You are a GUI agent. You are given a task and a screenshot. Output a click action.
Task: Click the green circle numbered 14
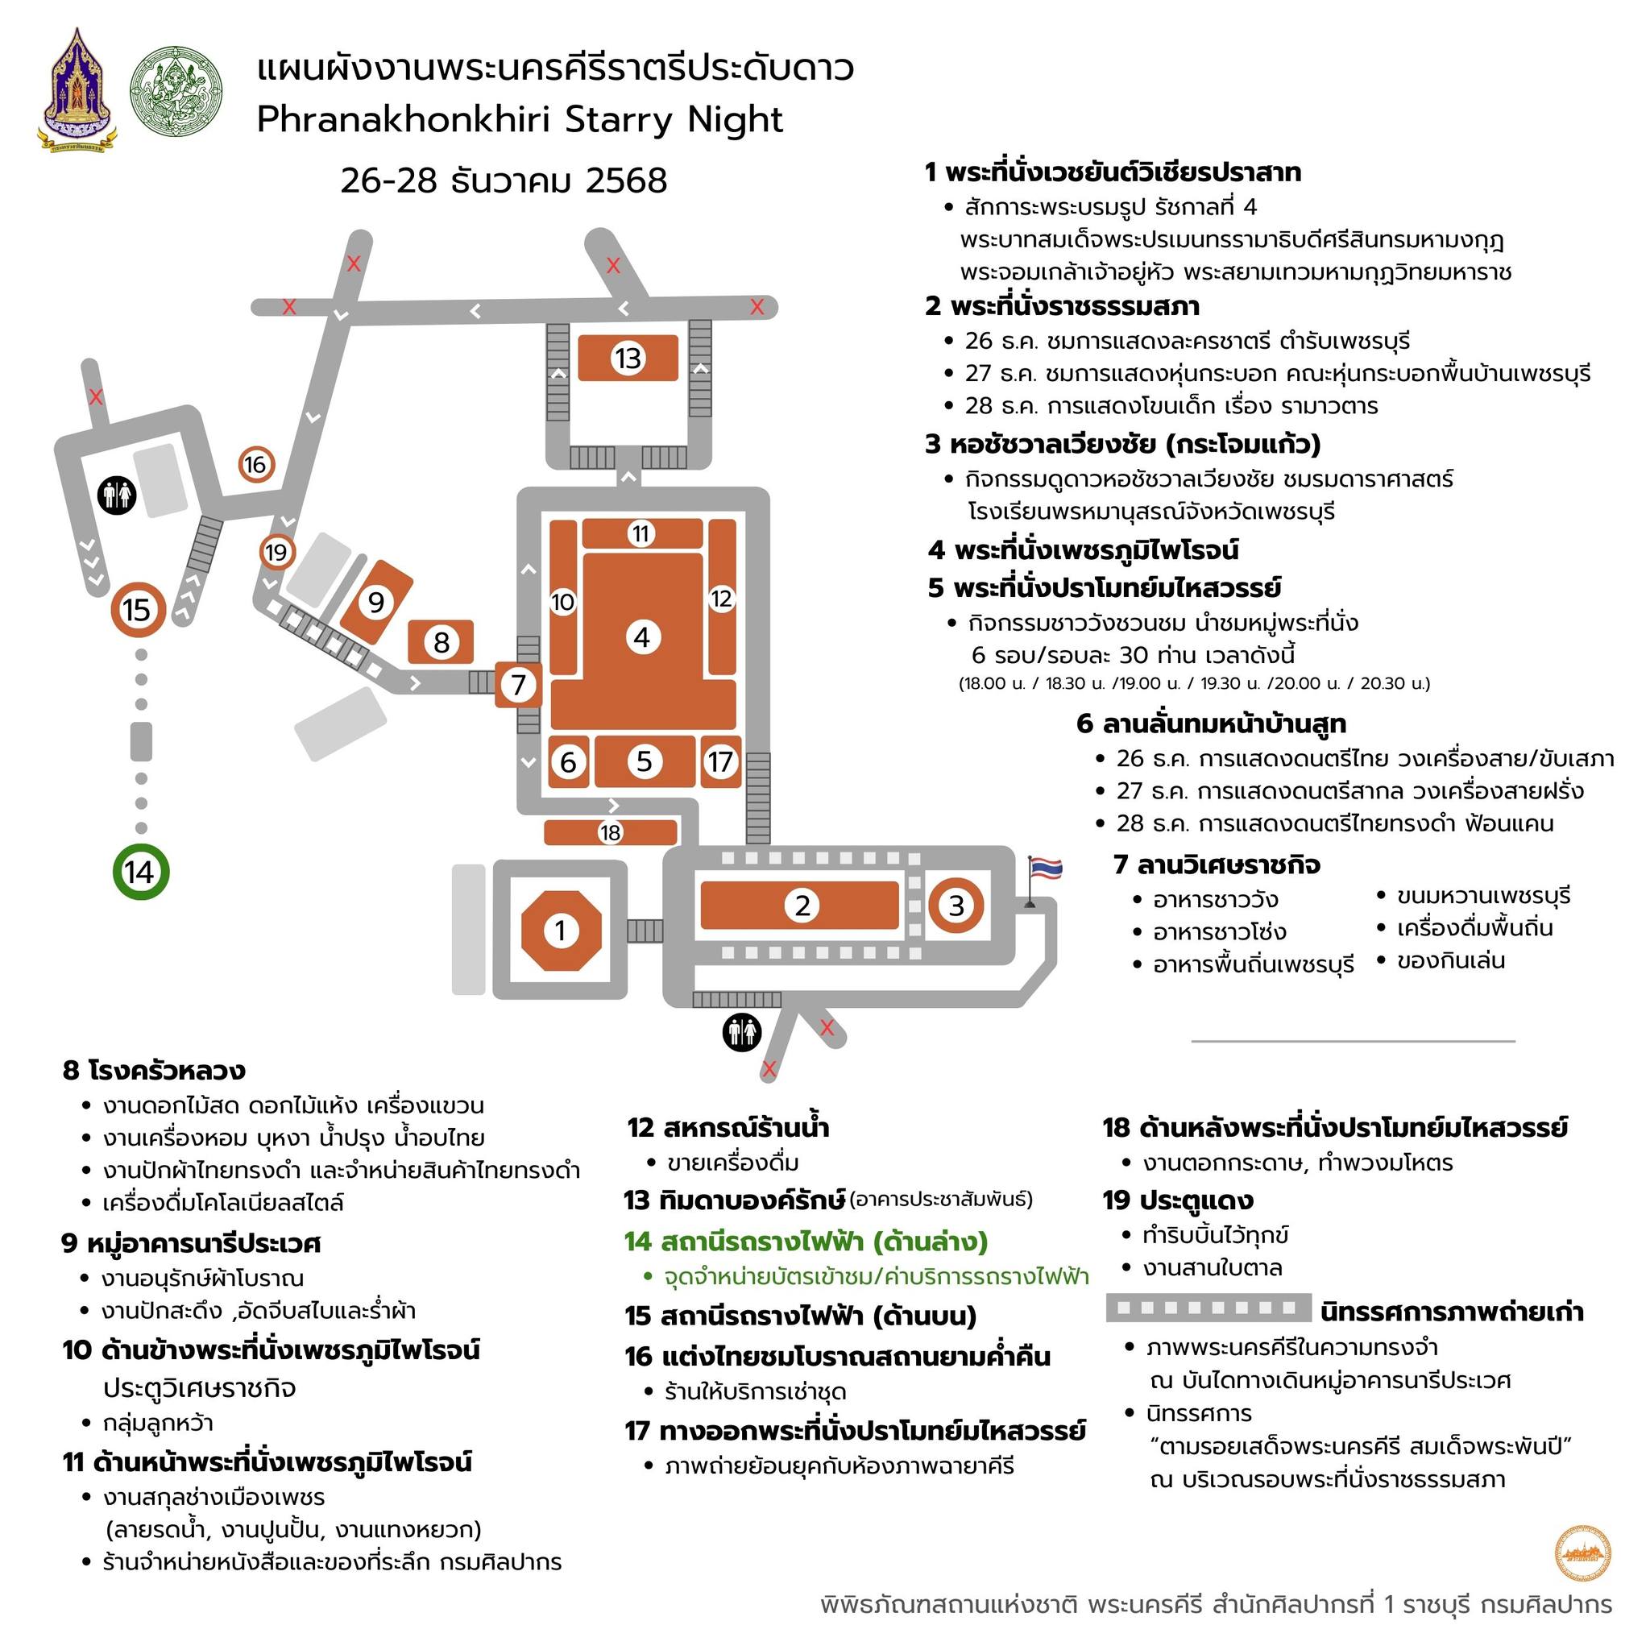click(x=141, y=872)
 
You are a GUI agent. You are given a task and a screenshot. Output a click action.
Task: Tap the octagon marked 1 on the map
click(x=561, y=930)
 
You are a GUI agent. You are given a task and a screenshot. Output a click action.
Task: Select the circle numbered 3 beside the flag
click(x=956, y=906)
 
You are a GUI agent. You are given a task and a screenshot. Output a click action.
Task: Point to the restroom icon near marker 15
click(x=117, y=495)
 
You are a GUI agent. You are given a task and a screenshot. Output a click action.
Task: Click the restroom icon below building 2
click(x=741, y=1034)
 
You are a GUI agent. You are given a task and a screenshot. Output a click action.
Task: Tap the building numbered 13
click(x=628, y=358)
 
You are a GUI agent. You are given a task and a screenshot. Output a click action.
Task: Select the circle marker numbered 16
click(x=255, y=465)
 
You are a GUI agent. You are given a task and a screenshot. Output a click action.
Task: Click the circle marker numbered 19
click(x=276, y=553)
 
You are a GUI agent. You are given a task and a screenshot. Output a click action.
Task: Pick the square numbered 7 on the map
click(x=518, y=684)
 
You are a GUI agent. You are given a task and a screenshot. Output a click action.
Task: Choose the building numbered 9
click(x=376, y=602)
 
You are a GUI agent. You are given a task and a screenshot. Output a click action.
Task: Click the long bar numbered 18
click(x=611, y=831)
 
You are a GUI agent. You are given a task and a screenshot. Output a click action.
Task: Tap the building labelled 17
click(x=721, y=761)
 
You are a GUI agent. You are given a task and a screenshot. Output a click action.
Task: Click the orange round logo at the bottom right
click(x=1582, y=1553)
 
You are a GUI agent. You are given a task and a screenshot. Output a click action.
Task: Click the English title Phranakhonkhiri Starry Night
click(x=520, y=119)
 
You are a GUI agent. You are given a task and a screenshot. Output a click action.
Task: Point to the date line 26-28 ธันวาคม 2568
click(x=504, y=180)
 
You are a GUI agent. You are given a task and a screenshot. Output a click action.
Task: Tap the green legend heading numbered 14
click(x=806, y=1241)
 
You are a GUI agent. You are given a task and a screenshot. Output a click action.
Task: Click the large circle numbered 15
click(x=137, y=610)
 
